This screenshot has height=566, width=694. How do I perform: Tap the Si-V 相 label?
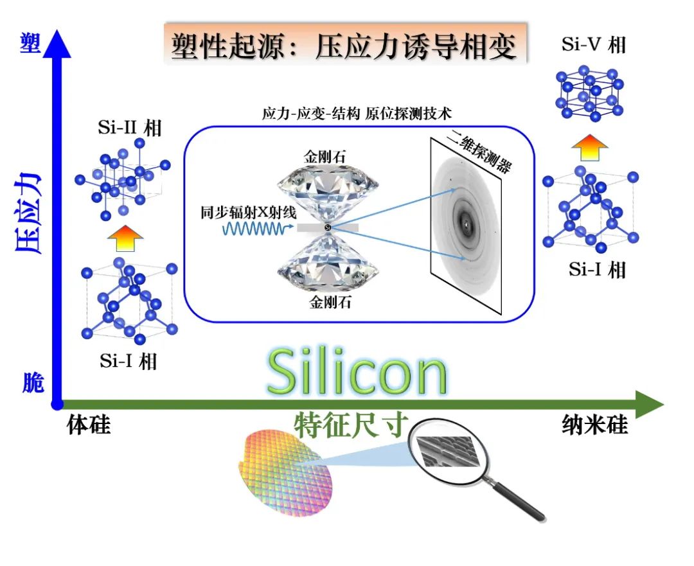[x=593, y=44]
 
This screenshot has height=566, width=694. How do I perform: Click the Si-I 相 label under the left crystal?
[x=129, y=361]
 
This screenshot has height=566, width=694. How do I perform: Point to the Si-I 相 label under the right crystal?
[x=597, y=269]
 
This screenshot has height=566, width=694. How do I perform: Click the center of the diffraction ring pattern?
[x=464, y=223]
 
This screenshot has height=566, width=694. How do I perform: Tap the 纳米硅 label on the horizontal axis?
[x=594, y=426]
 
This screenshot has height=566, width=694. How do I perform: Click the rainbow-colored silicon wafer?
[x=287, y=472]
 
